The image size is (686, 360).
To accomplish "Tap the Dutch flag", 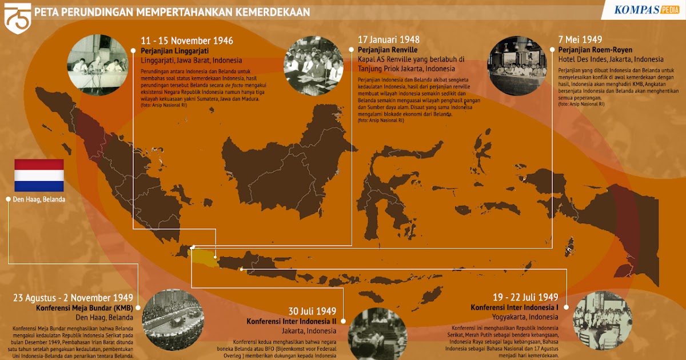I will point(39,175).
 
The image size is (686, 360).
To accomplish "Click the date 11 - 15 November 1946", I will point(187,41).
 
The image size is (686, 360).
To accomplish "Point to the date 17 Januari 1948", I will point(389,40).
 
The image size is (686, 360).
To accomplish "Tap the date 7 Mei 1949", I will point(580,40).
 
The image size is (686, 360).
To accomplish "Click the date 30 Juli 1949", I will point(312,311).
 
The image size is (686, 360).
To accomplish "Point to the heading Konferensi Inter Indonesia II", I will point(291,321).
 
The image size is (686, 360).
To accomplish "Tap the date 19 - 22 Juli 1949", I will point(525,297).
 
